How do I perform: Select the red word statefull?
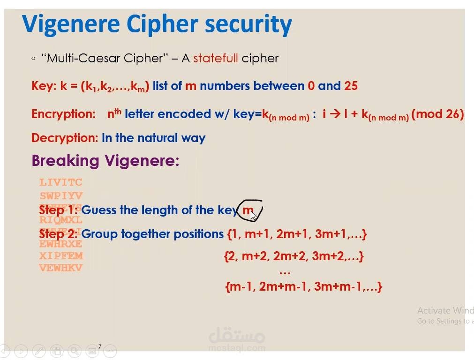[215, 59]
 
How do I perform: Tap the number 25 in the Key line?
[351, 86]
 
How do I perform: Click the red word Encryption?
[63, 114]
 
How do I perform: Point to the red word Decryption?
[64, 138]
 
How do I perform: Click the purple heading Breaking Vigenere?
[105, 161]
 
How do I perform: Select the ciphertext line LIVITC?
[61, 182]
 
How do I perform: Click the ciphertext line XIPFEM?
[61, 256]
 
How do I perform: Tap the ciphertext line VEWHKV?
[61, 268]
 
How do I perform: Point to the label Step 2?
[59, 234]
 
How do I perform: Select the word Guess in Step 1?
[98, 210]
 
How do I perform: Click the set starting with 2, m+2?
[294, 256]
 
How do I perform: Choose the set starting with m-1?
[303, 287]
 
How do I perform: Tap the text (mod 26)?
[437, 114]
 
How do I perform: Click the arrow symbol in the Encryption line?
[334, 114]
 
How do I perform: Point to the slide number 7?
[100, 347]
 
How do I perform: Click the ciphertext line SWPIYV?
[61, 196]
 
